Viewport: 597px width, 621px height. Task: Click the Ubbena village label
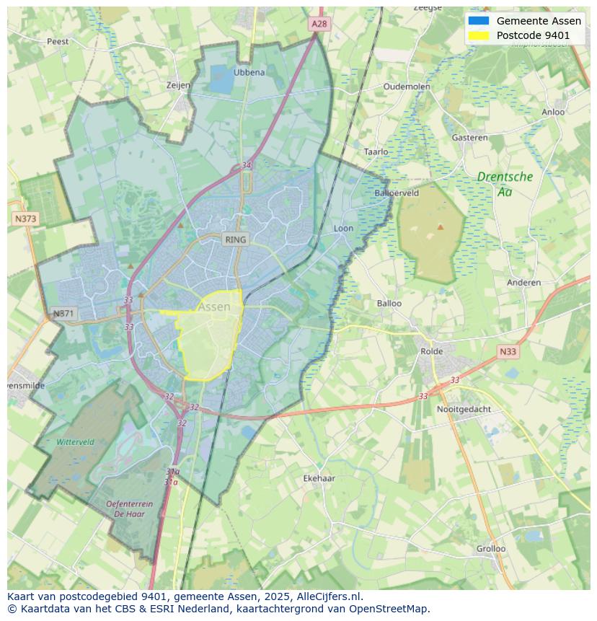coord(249,72)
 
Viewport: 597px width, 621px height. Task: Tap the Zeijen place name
coord(178,85)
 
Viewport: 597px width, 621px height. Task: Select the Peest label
coord(58,42)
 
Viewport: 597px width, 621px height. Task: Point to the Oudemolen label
coord(407,87)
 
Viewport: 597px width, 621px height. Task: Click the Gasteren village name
coord(469,138)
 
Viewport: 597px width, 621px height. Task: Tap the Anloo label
coord(553,112)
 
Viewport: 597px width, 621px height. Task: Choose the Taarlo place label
coord(376,152)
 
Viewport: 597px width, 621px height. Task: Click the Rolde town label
coord(432,351)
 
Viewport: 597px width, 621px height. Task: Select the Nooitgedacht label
coord(464,409)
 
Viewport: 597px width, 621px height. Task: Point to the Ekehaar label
coord(319,478)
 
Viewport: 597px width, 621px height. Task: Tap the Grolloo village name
coord(491,549)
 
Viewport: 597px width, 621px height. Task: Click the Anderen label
coord(523,283)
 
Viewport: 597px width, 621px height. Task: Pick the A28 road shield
coord(319,24)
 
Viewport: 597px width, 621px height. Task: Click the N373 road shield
coord(25,219)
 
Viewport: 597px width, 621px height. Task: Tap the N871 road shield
coord(63,314)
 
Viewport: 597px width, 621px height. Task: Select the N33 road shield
coord(508,351)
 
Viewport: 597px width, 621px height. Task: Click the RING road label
coord(235,239)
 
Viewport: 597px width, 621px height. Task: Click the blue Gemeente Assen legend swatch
coord(478,21)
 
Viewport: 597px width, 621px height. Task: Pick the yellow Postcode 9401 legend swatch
coord(478,35)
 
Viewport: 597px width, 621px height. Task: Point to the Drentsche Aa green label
coord(505,184)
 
